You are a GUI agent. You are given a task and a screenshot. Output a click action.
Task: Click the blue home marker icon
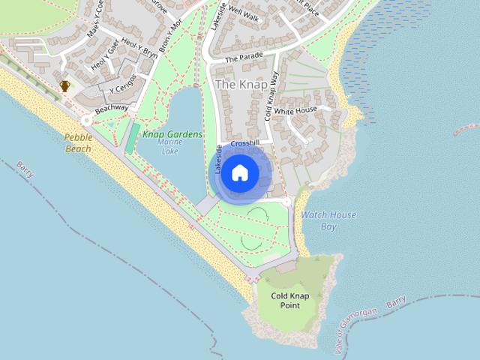coord(240,173)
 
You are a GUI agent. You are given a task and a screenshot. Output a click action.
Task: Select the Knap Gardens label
coord(172,134)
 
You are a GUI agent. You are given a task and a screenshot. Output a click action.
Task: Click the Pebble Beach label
coord(77,142)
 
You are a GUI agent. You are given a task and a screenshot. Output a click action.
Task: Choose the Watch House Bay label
coord(328,220)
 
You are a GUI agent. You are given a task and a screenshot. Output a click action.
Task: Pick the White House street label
coord(295,111)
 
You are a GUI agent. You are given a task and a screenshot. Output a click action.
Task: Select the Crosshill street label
coord(245,142)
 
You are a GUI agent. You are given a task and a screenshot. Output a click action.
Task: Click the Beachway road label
coord(112,109)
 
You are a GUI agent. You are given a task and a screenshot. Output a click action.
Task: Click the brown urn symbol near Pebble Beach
coord(65,86)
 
